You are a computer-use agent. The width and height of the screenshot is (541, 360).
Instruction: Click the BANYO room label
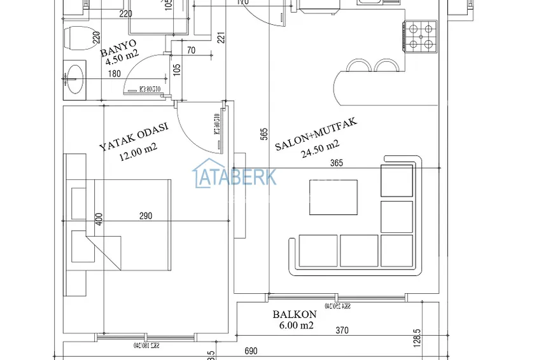(119, 46)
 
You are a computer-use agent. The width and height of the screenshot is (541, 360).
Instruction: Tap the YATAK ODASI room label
(134, 137)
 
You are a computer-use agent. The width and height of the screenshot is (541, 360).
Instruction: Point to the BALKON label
(295, 314)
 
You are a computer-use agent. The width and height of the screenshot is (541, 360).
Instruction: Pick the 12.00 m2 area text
(139, 152)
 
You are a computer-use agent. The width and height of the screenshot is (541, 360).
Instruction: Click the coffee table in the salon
(334, 197)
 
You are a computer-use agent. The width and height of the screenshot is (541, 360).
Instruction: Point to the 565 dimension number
(263, 135)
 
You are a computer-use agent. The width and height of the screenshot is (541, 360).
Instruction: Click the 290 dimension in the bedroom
(146, 216)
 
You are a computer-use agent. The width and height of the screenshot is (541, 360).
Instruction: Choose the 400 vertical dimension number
(99, 219)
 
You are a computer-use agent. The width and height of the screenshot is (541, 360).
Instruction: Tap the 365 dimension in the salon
(337, 163)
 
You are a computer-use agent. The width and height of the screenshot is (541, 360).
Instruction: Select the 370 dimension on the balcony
(342, 331)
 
